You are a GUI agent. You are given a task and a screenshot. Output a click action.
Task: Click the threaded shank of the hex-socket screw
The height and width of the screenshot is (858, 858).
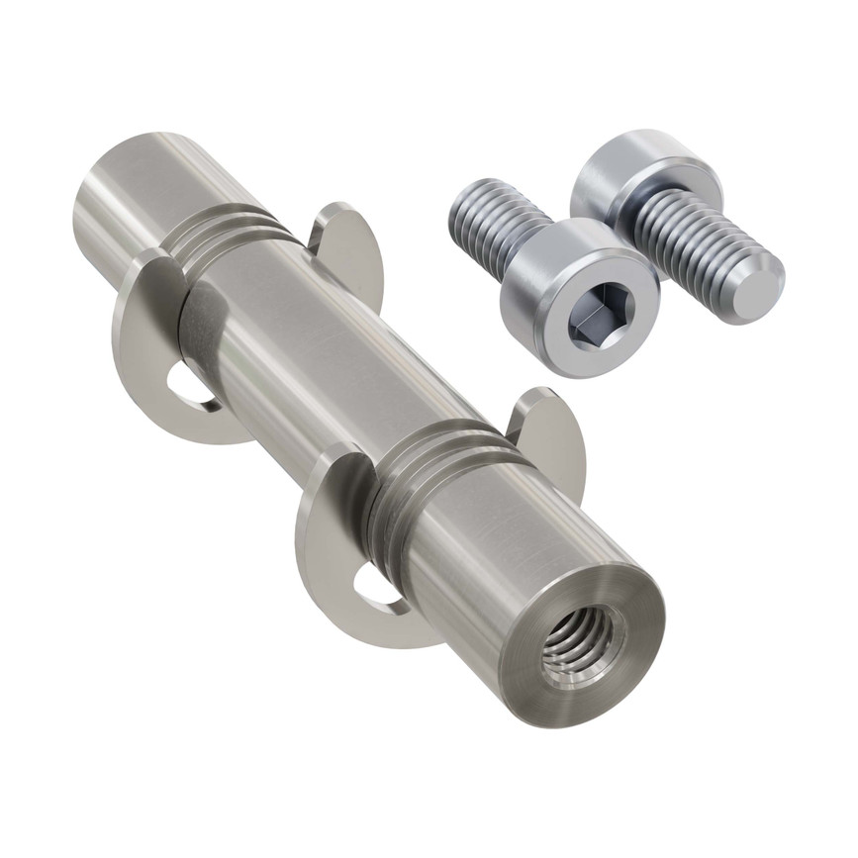point(495,220)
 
